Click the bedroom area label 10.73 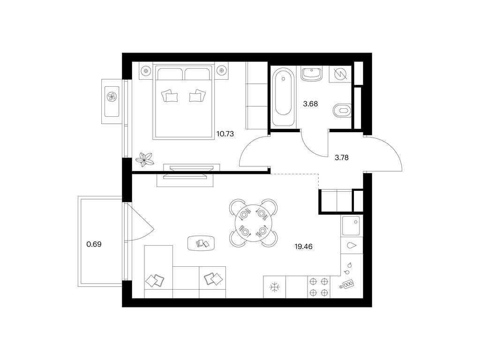pos(225,134)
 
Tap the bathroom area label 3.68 pos(310,104)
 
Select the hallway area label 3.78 pos(341,157)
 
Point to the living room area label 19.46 pos(303,247)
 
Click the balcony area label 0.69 pos(94,244)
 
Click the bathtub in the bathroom pos(283,97)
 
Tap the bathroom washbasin pos(312,74)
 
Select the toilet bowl pos(342,110)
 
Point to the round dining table pos(253,223)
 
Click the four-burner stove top pos(319,287)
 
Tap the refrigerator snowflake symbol pos(274,287)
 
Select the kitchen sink pos(351,225)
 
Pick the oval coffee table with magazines pos(201,243)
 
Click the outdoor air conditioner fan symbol pos(112,97)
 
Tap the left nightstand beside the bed pos(146,71)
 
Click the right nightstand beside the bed pos(221,71)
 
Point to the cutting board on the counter pos(347,284)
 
